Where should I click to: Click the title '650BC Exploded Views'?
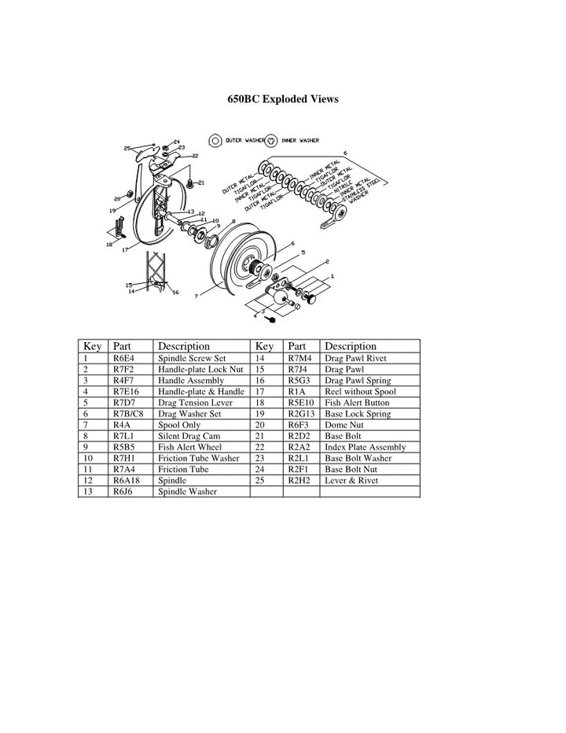[283, 99]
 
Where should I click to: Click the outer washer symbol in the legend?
[214, 140]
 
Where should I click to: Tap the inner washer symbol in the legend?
[270, 140]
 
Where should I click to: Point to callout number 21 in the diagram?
[201, 183]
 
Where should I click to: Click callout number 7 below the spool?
[196, 297]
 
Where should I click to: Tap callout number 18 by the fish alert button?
[108, 245]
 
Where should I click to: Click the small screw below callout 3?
[271, 319]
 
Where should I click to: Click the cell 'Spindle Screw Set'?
[192, 358]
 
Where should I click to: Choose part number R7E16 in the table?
[125, 391]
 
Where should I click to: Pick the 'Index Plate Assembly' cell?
[366, 447]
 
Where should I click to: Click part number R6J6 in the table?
[121, 492]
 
